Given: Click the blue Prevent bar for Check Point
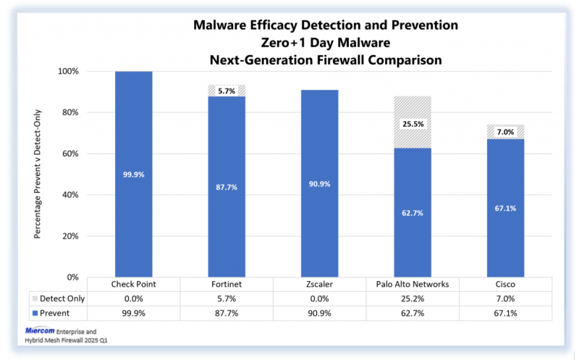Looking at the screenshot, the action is coord(134,174).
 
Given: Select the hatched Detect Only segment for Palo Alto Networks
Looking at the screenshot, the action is coord(413,122).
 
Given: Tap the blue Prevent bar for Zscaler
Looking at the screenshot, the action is coord(319,183).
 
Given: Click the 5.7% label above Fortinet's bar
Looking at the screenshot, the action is coord(227,91).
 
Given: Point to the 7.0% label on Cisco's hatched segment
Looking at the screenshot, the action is coord(505,132).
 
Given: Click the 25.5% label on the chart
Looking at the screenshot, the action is coord(413,124).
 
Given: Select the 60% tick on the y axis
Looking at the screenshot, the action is coord(70,154).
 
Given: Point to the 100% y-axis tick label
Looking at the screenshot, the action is coord(68,71).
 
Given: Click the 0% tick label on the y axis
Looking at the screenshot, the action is coord(73,277).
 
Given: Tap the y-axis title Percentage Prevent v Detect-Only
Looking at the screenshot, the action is coord(38,174).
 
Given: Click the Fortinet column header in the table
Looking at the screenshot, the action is coord(227,284).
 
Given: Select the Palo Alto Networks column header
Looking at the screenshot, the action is coord(413,284).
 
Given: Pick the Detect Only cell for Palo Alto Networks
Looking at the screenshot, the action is coord(413,298).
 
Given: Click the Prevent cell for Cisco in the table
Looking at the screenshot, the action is coord(505,314).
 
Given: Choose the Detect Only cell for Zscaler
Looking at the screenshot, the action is coord(319,298).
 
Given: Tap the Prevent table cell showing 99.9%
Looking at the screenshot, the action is coord(134,314).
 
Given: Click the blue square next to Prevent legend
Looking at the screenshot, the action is coord(35,314).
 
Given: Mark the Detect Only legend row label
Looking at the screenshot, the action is coord(62,298).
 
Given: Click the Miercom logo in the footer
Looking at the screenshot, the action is coord(40,330).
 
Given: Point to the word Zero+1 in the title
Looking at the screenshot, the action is coord(283,43).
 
